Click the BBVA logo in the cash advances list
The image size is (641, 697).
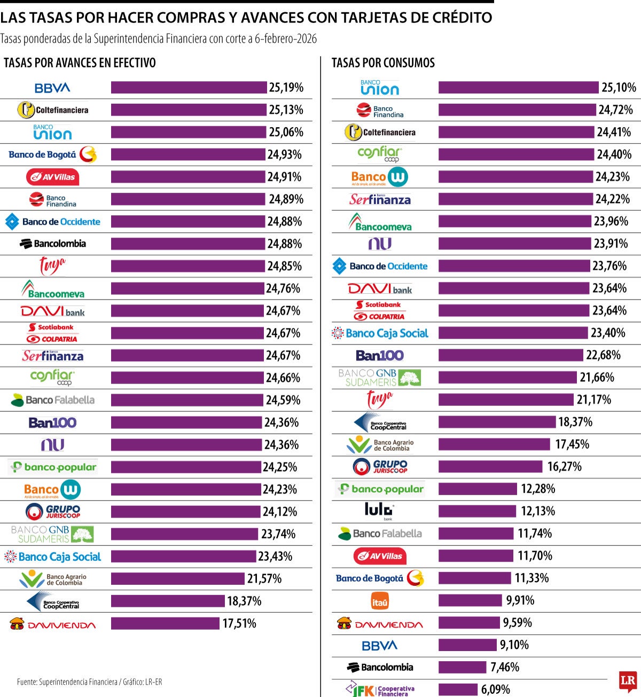tap(52, 88)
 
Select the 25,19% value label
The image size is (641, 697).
tap(286, 88)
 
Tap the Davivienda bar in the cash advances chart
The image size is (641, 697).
tap(165, 623)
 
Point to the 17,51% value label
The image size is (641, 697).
tap(239, 623)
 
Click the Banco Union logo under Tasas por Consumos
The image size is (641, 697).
tap(379, 88)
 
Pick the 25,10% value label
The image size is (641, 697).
tap(619, 88)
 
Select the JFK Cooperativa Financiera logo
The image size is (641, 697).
tap(380, 689)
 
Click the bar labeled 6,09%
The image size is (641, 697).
tap(458, 690)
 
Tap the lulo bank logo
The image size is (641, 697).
tap(379, 511)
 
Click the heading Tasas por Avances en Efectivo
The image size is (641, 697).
tap(80, 63)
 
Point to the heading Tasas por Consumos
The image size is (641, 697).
tap(383, 63)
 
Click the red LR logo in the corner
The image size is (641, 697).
tap(628, 681)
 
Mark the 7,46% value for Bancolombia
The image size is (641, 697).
tap(504, 667)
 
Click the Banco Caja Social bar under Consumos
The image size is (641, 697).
tap(513, 333)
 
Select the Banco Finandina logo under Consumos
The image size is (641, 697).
tap(380, 111)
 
